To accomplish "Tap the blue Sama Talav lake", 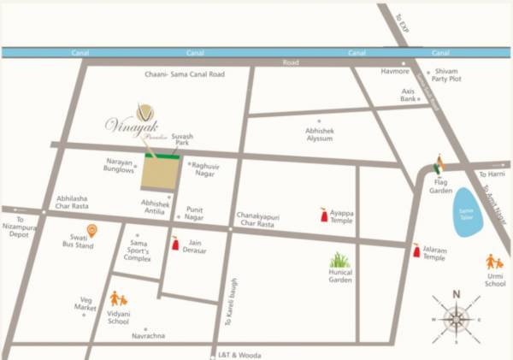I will (467, 210).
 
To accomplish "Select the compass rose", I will (457, 319).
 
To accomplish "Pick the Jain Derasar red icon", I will (176, 245).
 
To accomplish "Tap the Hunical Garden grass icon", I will (340, 259).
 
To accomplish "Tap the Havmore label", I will (394, 71).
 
